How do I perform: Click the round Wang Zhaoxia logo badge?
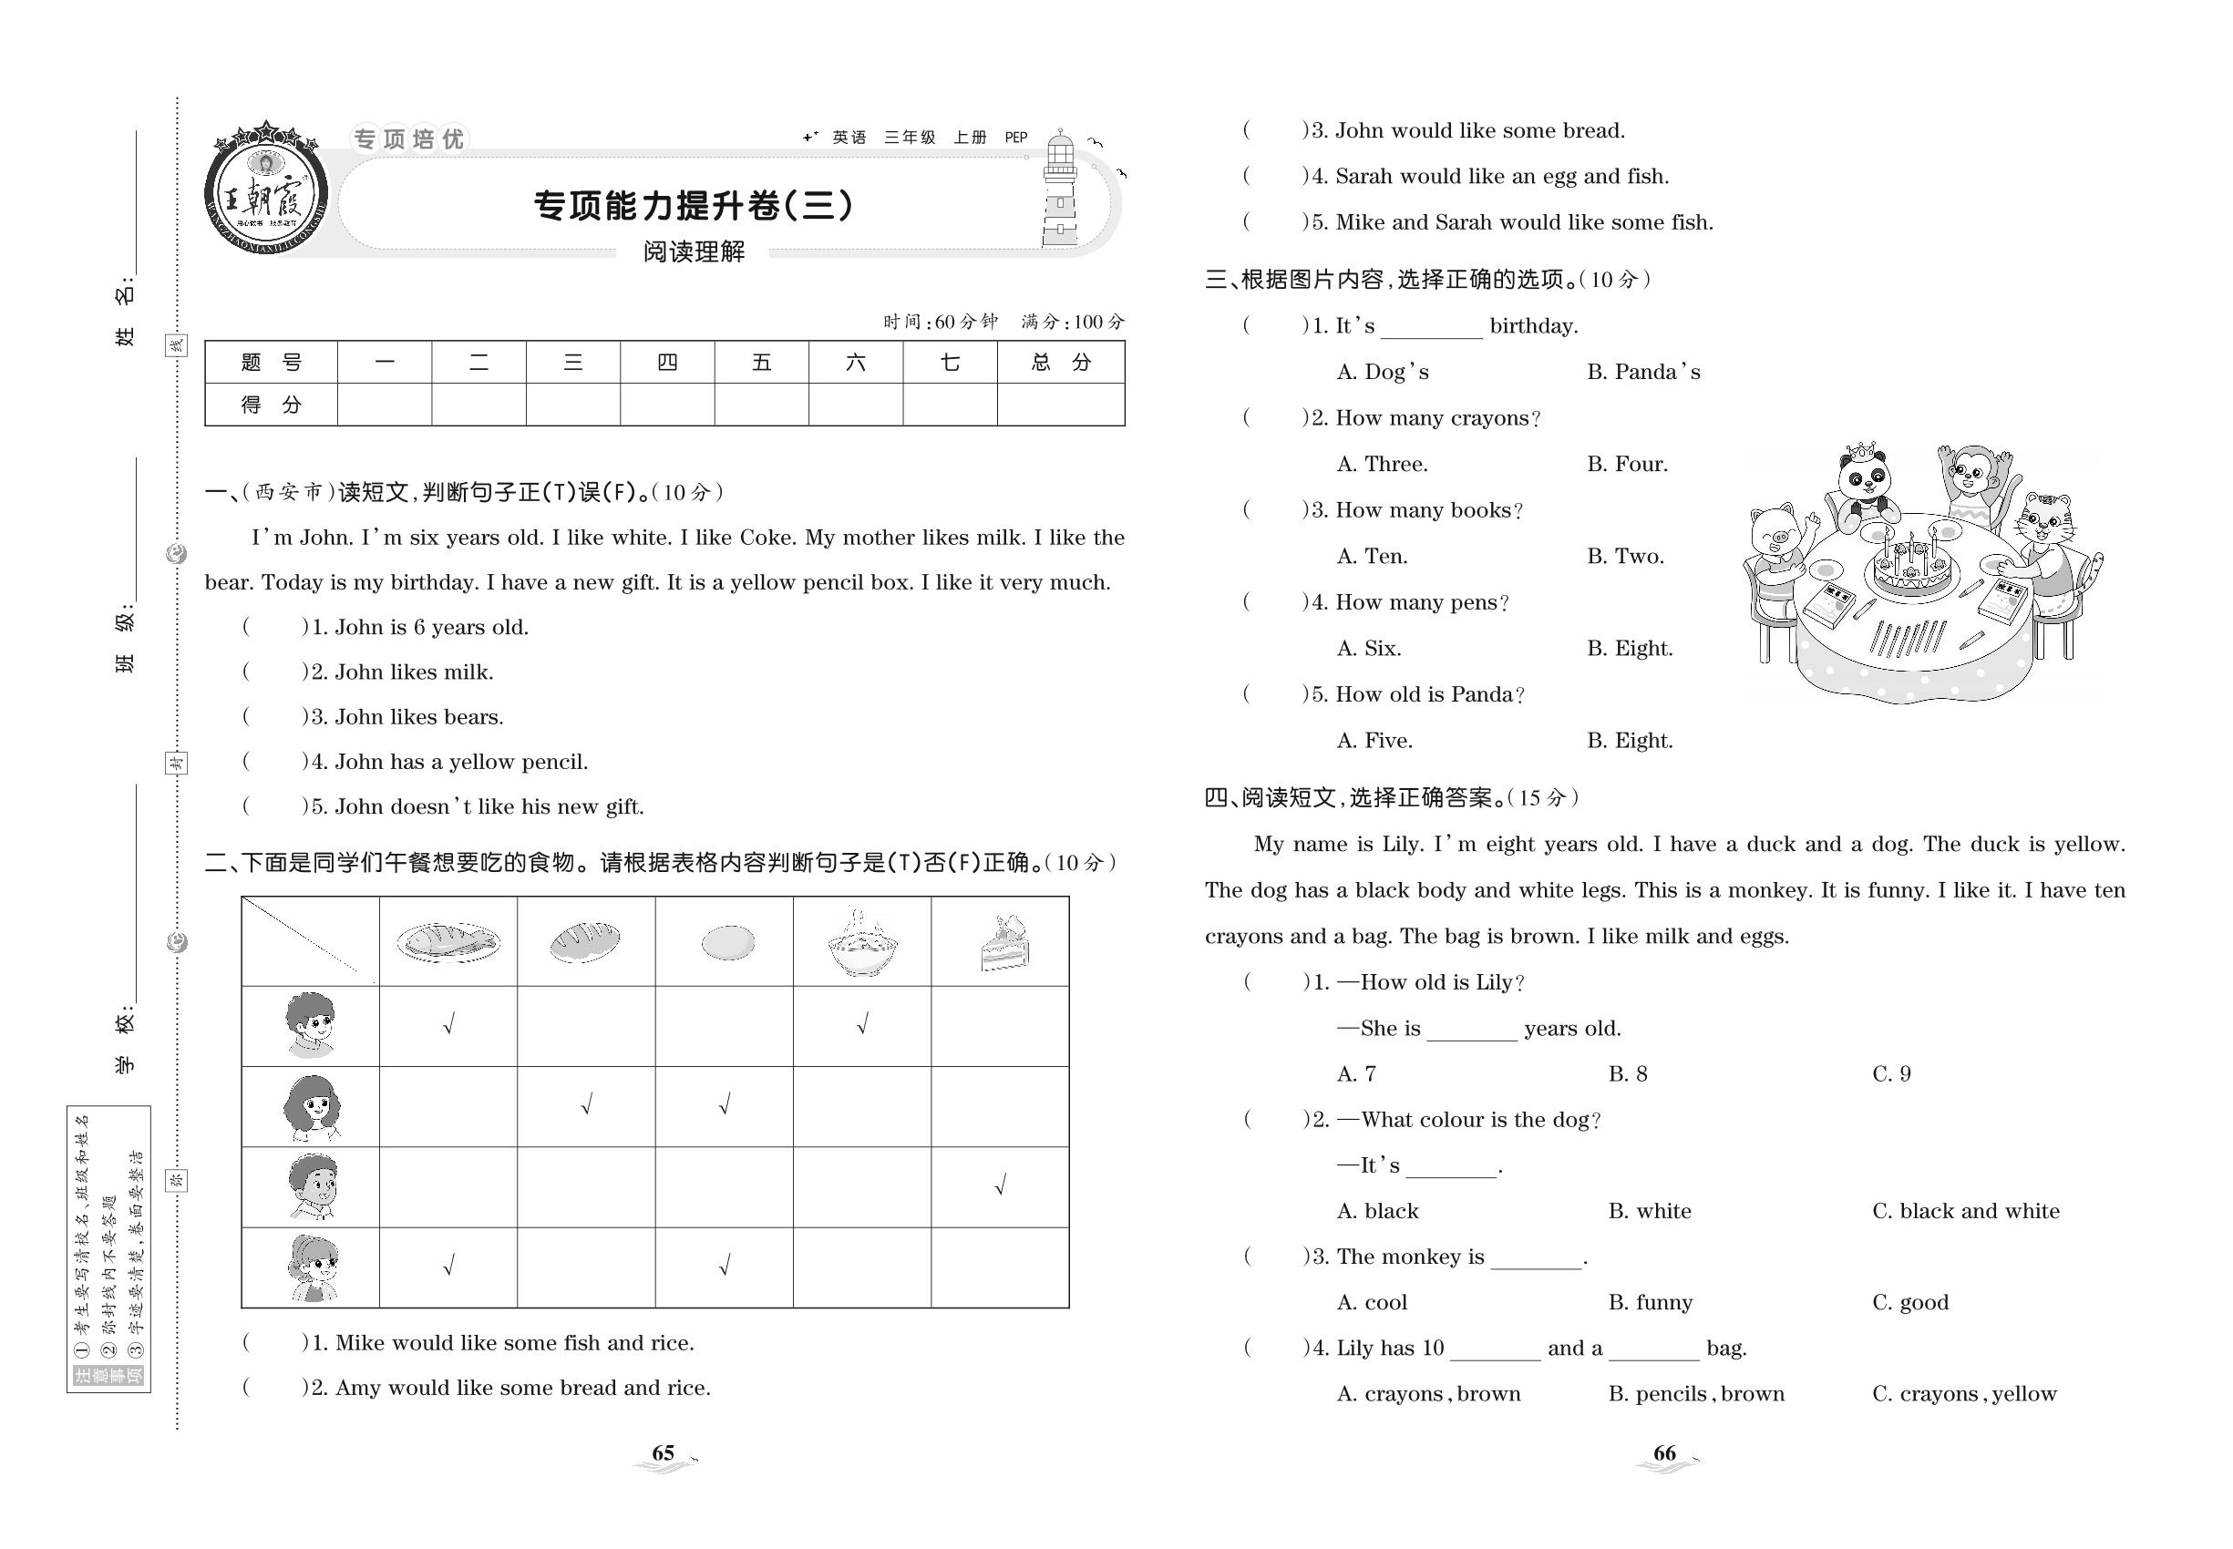click(265, 190)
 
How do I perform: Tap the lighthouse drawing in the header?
click(1060, 190)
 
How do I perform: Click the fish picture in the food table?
click(448, 941)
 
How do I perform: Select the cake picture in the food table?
click(1003, 942)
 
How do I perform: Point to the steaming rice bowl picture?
click(861, 943)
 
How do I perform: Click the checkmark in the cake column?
click(1000, 1185)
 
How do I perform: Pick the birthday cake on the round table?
click(1910, 567)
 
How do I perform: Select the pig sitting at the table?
click(1775, 549)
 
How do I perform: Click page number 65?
click(664, 1453)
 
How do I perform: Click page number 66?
click(1664, 1453)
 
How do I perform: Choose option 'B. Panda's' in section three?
click(1642, 372)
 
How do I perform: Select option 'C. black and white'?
click(1965, 1210)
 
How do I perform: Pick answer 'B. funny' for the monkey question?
click(1650, 1302)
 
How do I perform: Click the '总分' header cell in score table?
click(1060, 362)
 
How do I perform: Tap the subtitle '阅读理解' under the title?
click(694, 251)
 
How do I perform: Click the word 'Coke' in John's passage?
click(767, 538)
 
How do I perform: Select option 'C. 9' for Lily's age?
click(1890, 1073)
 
